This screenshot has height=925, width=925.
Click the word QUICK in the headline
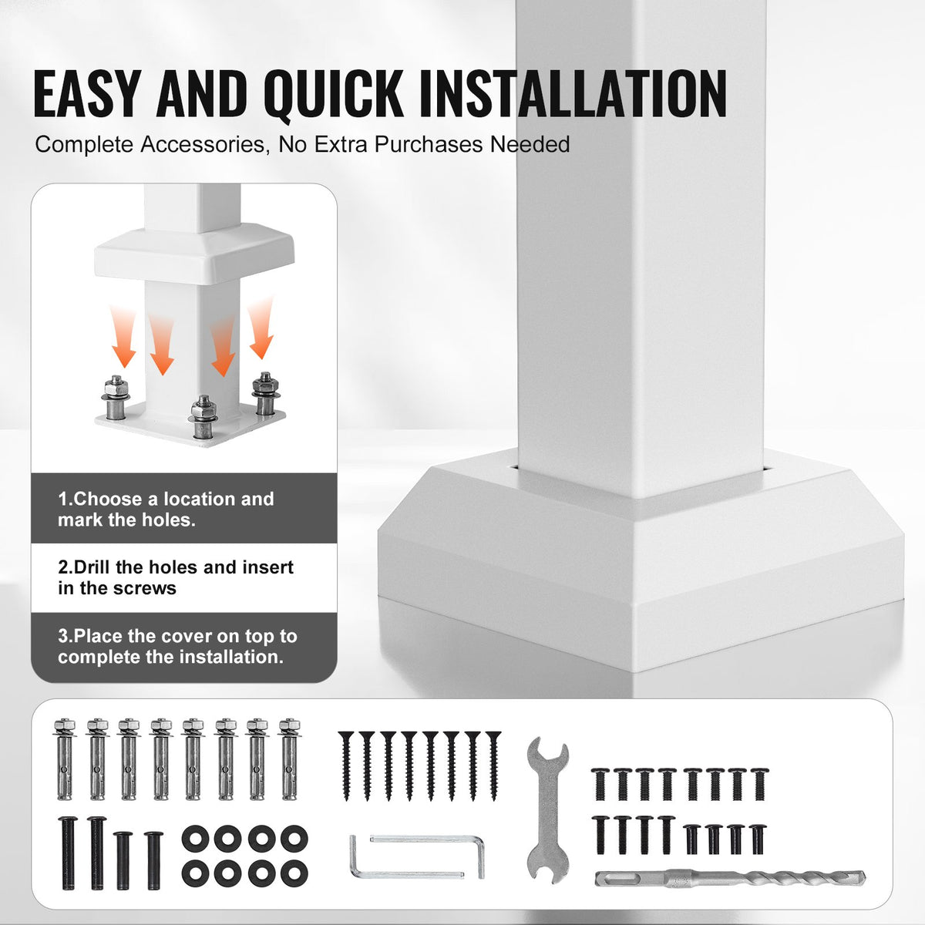333,95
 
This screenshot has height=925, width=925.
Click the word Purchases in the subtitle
428,144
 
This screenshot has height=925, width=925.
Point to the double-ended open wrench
548,810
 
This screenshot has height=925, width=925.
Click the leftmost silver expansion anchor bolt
64,759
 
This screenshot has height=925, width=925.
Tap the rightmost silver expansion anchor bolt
290,759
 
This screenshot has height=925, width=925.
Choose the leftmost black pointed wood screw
345,765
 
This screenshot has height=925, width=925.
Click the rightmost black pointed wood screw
493,765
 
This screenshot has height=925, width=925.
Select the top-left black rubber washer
195,839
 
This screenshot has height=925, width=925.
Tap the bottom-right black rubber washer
294,873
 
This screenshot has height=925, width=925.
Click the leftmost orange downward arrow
123,337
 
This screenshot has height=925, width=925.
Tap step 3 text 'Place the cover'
142,636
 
